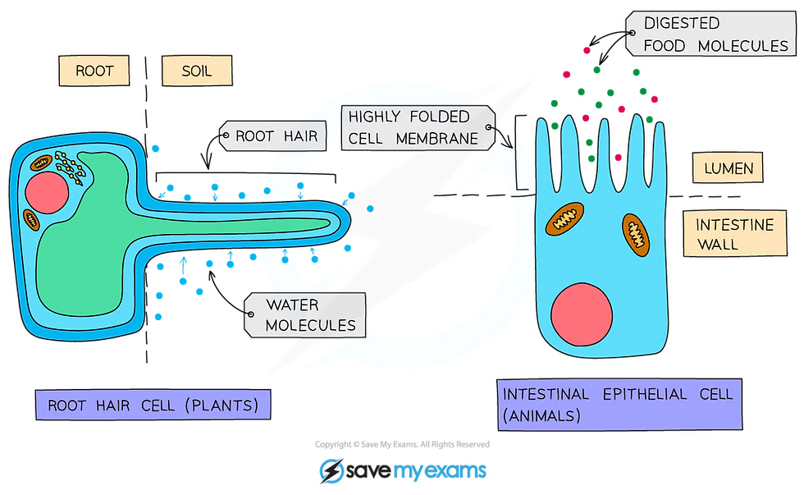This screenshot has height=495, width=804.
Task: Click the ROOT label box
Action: click(94, 71)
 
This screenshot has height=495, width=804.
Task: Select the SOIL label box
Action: click(196, 71)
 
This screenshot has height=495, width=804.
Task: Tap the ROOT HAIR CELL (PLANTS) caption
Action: click(153, 405)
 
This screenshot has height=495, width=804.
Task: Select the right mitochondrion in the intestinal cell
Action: click(637, 230)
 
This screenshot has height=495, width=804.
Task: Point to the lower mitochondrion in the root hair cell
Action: click(32, 219)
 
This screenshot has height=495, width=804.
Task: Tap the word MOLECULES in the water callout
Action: click(311, 325)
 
